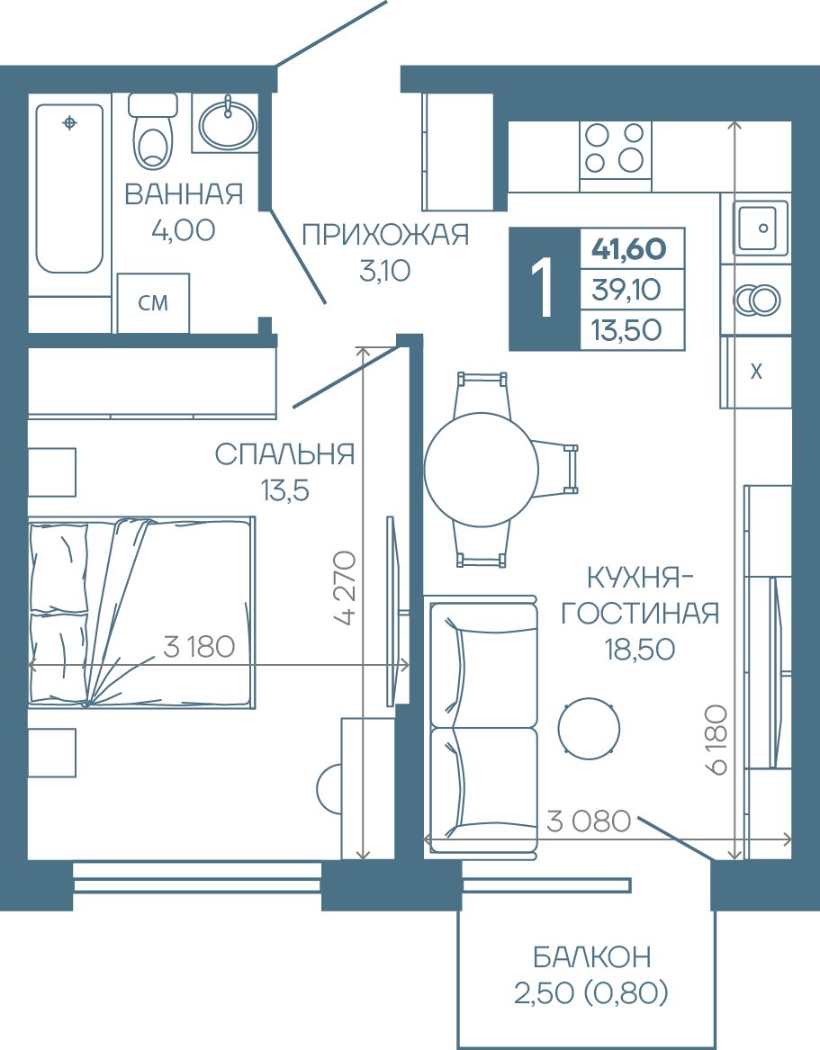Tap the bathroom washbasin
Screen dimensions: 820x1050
228,123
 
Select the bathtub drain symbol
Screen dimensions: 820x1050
69,123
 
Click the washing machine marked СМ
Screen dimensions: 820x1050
153,302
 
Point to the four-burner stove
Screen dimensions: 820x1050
615,149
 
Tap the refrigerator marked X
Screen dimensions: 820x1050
756,372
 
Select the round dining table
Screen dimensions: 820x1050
481,470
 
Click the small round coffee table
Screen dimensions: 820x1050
589,729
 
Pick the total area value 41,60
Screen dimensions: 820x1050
628,249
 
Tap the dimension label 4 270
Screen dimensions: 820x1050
346,588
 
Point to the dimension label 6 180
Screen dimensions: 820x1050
716,740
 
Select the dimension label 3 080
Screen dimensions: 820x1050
589,821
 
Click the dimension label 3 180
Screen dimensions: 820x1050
199,647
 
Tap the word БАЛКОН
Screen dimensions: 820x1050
592,957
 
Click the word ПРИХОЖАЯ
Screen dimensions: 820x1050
385,235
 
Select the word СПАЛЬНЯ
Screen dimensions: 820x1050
284,454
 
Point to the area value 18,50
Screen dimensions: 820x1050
640,649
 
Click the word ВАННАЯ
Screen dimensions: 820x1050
184,194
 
